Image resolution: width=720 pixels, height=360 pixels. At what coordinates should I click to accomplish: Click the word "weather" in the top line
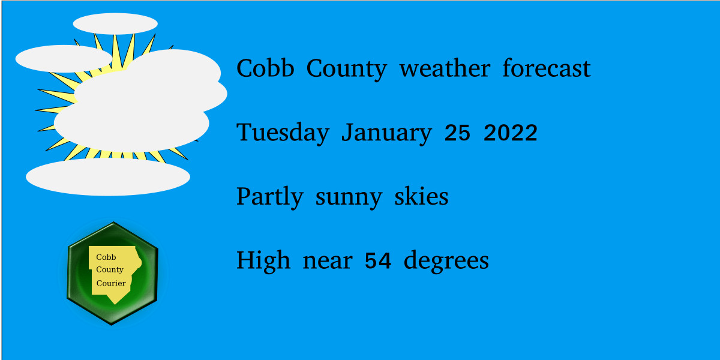(444, 68)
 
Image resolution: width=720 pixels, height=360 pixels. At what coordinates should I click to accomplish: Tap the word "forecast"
(546, 68)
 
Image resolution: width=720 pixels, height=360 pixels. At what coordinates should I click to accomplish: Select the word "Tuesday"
(283, 133)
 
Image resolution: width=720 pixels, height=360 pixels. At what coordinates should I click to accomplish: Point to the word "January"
(386, 133)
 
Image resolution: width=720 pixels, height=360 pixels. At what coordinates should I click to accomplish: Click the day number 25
(457, 133)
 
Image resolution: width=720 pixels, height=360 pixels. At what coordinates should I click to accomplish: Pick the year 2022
(510, 133)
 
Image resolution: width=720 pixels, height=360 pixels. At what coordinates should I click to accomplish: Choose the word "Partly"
(269, 197)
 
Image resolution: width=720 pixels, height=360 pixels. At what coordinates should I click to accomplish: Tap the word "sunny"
(348, 197)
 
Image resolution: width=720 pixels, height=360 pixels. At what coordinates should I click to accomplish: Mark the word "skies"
(421, 197)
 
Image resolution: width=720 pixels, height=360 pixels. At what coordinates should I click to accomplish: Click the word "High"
(263, 260)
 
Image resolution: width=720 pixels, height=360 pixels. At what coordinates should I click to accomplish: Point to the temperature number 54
(378, 261)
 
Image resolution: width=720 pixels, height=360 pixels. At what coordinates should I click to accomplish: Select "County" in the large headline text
(346, 69)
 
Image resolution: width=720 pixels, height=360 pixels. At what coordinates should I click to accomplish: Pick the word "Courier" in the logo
(111, 283)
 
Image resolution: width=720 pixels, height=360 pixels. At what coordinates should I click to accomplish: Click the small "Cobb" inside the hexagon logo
(106, 257)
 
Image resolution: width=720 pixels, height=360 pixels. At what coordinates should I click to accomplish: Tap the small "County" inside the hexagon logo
(110, 270)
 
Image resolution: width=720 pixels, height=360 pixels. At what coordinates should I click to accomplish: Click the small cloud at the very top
(115, 23)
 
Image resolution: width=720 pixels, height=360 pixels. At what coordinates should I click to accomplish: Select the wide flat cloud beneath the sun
(108, 176)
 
